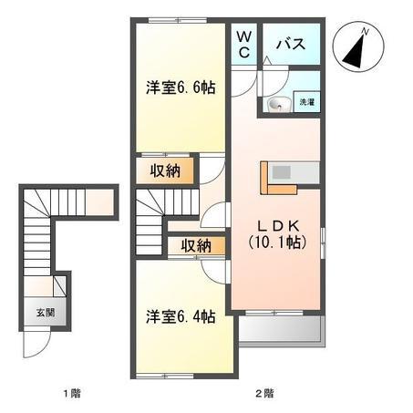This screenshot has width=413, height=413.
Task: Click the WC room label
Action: click(x=244, y=45)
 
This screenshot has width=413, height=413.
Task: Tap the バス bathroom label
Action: click(x=291, y=44)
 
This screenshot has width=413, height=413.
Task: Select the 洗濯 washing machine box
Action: click(x=306, y=102)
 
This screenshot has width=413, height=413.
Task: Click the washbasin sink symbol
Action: click(x=279, y=105)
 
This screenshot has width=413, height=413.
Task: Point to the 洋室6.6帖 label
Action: click(x=181, y=88)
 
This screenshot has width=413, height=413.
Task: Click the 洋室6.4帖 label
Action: click(x=181, y=316)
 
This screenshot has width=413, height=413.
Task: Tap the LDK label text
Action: click(x=279, y=226)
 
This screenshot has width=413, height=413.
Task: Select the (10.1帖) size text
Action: click(x=277, y=243)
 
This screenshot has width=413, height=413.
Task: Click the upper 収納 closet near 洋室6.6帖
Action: click(x=165, y=170)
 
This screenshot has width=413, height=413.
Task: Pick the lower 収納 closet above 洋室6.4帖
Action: click(x=196, y=245)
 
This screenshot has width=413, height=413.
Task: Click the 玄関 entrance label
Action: click(x=46, y=312)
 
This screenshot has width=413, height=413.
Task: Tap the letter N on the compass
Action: click(x=366, y=31)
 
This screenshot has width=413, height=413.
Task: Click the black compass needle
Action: click(x=355, y=52)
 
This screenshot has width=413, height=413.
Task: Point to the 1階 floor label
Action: click(x=72, y=394)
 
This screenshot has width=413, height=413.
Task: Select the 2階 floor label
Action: click(x=264, y=394)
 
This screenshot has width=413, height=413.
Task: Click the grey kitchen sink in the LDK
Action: click(x=282, y=172)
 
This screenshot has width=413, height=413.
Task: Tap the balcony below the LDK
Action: click(x=280, y=329)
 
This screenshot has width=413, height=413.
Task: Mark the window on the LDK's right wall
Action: click(x=324, y=243)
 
